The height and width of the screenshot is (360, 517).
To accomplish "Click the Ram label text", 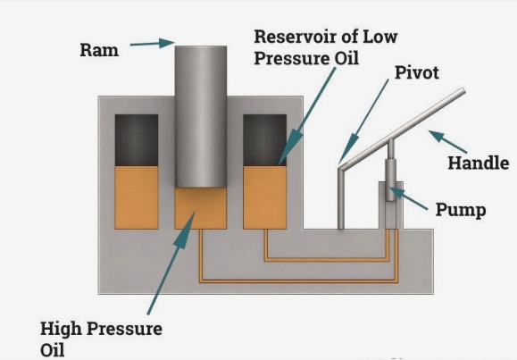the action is [x=99, y=50].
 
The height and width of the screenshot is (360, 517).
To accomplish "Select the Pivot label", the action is [x=417, y=72].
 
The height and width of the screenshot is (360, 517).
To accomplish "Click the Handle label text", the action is [x=478, y=163].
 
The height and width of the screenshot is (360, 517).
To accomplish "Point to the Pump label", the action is [x=461, y=210].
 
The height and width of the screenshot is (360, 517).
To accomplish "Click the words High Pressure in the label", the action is [x=101, y=329].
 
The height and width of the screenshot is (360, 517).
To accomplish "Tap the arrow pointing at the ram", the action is [x=153, y=43].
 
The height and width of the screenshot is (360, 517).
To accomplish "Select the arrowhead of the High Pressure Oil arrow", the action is [x=186, y=230].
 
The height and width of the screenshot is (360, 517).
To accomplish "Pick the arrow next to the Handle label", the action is [x=447, y=141].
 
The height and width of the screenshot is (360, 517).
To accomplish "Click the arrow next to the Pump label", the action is [x=408, y=198].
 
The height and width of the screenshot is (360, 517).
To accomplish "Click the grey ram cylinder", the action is [x=201, y=117].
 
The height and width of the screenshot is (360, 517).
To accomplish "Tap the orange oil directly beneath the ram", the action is [x=201, y=208].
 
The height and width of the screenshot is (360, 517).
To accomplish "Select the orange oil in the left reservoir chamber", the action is [x=137, y=197].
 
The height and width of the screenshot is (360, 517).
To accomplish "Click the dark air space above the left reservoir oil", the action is [x=137, y=140].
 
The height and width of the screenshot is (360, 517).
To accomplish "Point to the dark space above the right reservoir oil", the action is [x=265, y=140].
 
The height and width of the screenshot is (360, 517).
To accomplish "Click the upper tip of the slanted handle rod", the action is [x=463, y=90].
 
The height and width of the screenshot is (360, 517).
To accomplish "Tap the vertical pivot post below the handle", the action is [x=341, y=199].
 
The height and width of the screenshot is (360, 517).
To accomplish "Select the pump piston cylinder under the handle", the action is [x=391, y=180].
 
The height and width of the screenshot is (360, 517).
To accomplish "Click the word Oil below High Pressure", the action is [x=53, y=350].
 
